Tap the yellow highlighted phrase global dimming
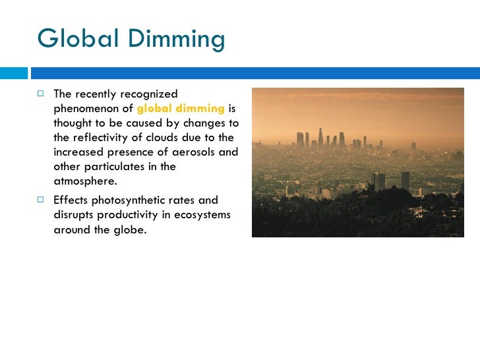(181, 109)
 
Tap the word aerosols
(193, 152)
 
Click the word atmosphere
(84, 181)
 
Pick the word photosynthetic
(132, 200)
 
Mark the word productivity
(124, 215)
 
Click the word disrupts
(73, 215)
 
